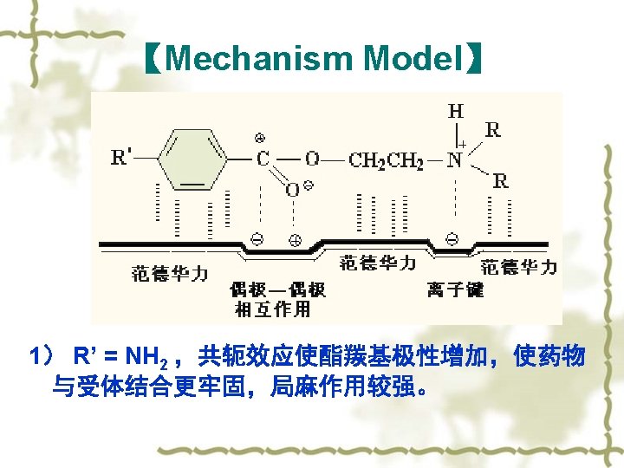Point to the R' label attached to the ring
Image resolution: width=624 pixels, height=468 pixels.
tap(121, 158)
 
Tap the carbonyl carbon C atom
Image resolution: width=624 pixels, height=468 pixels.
tap(262, 159)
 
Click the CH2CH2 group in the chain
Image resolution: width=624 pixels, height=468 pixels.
tap(386, 160)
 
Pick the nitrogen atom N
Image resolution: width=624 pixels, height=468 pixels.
tap(454, 160)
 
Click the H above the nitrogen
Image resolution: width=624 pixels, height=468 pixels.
tap(455, 111)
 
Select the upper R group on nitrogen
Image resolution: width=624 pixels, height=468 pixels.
tap(492, 130)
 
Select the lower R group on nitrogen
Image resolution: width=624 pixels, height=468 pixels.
tap(500, 181)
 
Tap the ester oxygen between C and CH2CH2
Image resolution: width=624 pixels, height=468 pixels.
tap(312, 159)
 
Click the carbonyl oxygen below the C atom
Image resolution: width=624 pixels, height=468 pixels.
tap(293, 189)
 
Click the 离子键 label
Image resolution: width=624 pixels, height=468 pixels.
tap(455, 289)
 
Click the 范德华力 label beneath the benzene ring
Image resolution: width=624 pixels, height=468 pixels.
tap(170, 274)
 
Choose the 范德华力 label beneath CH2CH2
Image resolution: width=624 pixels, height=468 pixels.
tap(378, 263)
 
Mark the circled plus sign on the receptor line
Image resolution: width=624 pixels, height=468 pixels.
tap(294, 240)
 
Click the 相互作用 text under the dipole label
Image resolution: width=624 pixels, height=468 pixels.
tap(273, 309)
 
